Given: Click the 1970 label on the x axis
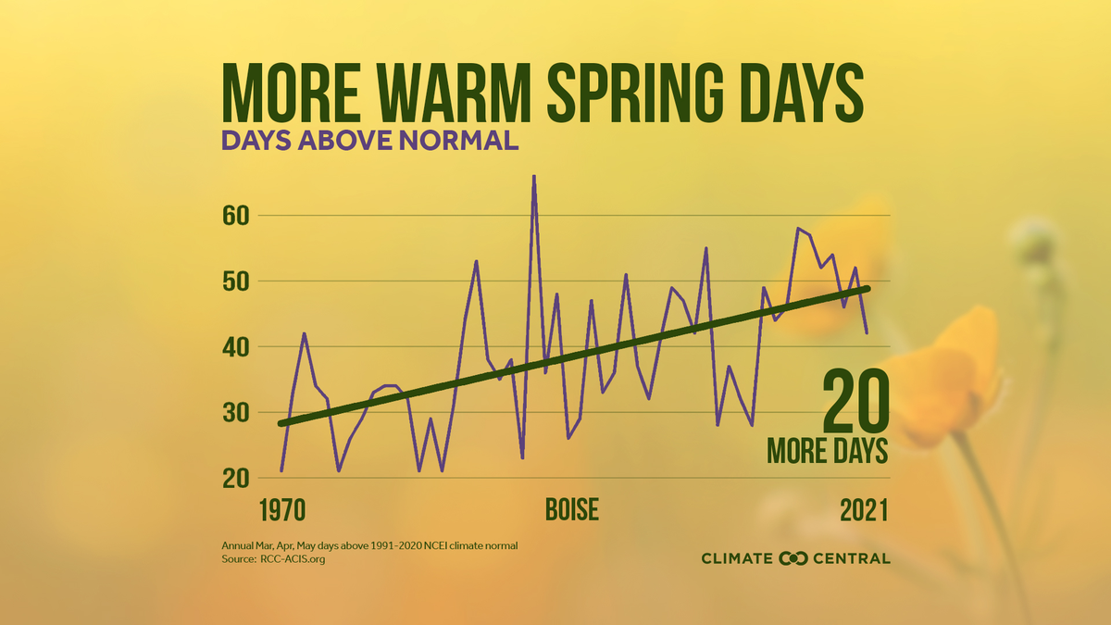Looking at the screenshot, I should pos(283,510).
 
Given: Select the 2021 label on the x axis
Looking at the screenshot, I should pos(864,510).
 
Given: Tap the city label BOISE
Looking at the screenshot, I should pos(571,510).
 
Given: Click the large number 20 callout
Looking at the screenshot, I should pos(855,401).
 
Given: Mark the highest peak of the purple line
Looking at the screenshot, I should pos(534,176).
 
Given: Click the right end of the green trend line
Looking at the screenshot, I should pos(867,289).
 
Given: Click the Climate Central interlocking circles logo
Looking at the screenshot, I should pos(794,558).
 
